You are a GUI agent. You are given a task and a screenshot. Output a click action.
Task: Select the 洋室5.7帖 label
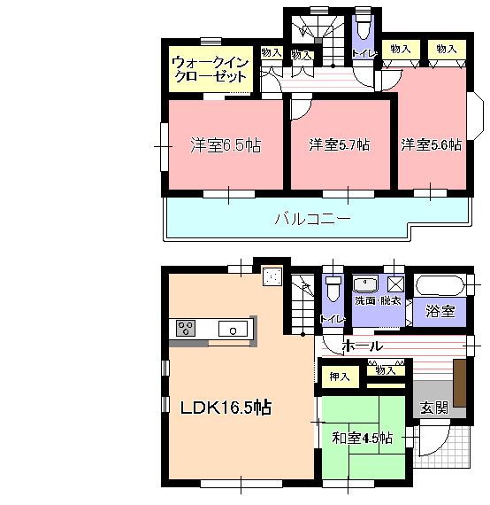click(339, 144)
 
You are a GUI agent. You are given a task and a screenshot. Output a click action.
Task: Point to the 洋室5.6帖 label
click(431, 144)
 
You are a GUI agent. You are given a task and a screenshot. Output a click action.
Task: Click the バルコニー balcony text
click(311, 217)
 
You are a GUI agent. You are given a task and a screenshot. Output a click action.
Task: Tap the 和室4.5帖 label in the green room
click(363, 437)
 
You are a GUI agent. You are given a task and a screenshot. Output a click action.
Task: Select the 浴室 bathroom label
click(440, 311)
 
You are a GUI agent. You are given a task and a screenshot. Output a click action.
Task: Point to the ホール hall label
click(362, 345)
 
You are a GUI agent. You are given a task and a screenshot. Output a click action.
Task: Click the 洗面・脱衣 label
click(378, 301)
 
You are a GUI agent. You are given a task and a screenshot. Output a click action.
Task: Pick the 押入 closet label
click(340, 377)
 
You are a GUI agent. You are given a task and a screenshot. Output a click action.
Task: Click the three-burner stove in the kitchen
click(188, 329)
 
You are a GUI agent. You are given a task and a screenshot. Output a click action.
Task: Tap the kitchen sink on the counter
click(234, 330)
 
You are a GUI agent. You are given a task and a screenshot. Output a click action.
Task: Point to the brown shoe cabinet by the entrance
click(460, 379)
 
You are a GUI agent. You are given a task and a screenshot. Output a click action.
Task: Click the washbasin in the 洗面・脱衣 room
click(365, 284)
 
